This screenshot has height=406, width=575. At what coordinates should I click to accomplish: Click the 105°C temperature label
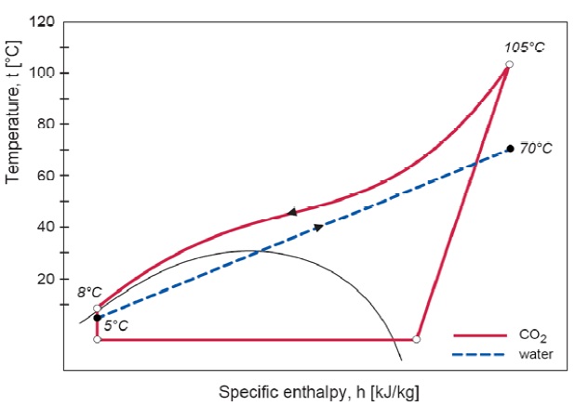pyautogui.click(x=524, y=46)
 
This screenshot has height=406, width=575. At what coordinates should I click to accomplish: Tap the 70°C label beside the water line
pyautogui.click(x=536, y=148)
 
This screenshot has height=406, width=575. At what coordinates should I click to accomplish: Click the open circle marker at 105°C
pyautogui.click(x=509, y=64)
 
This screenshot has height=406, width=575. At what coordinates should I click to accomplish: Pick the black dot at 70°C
pyautogui.click(x=510, y=149)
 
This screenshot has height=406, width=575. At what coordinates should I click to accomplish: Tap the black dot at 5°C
pyautogui.click(x=97, y=318)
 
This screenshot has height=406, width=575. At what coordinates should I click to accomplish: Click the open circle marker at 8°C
pyautogui.click(x=97, y=308)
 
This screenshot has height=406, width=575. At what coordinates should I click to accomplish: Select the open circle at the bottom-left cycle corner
pyautogui.click(x=97, y=340)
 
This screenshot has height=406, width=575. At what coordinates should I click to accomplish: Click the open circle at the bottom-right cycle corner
pyautogui.click(x=416, y=340)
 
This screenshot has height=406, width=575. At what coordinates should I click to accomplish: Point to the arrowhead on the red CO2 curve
pyautogui.click(x=292, y=212)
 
